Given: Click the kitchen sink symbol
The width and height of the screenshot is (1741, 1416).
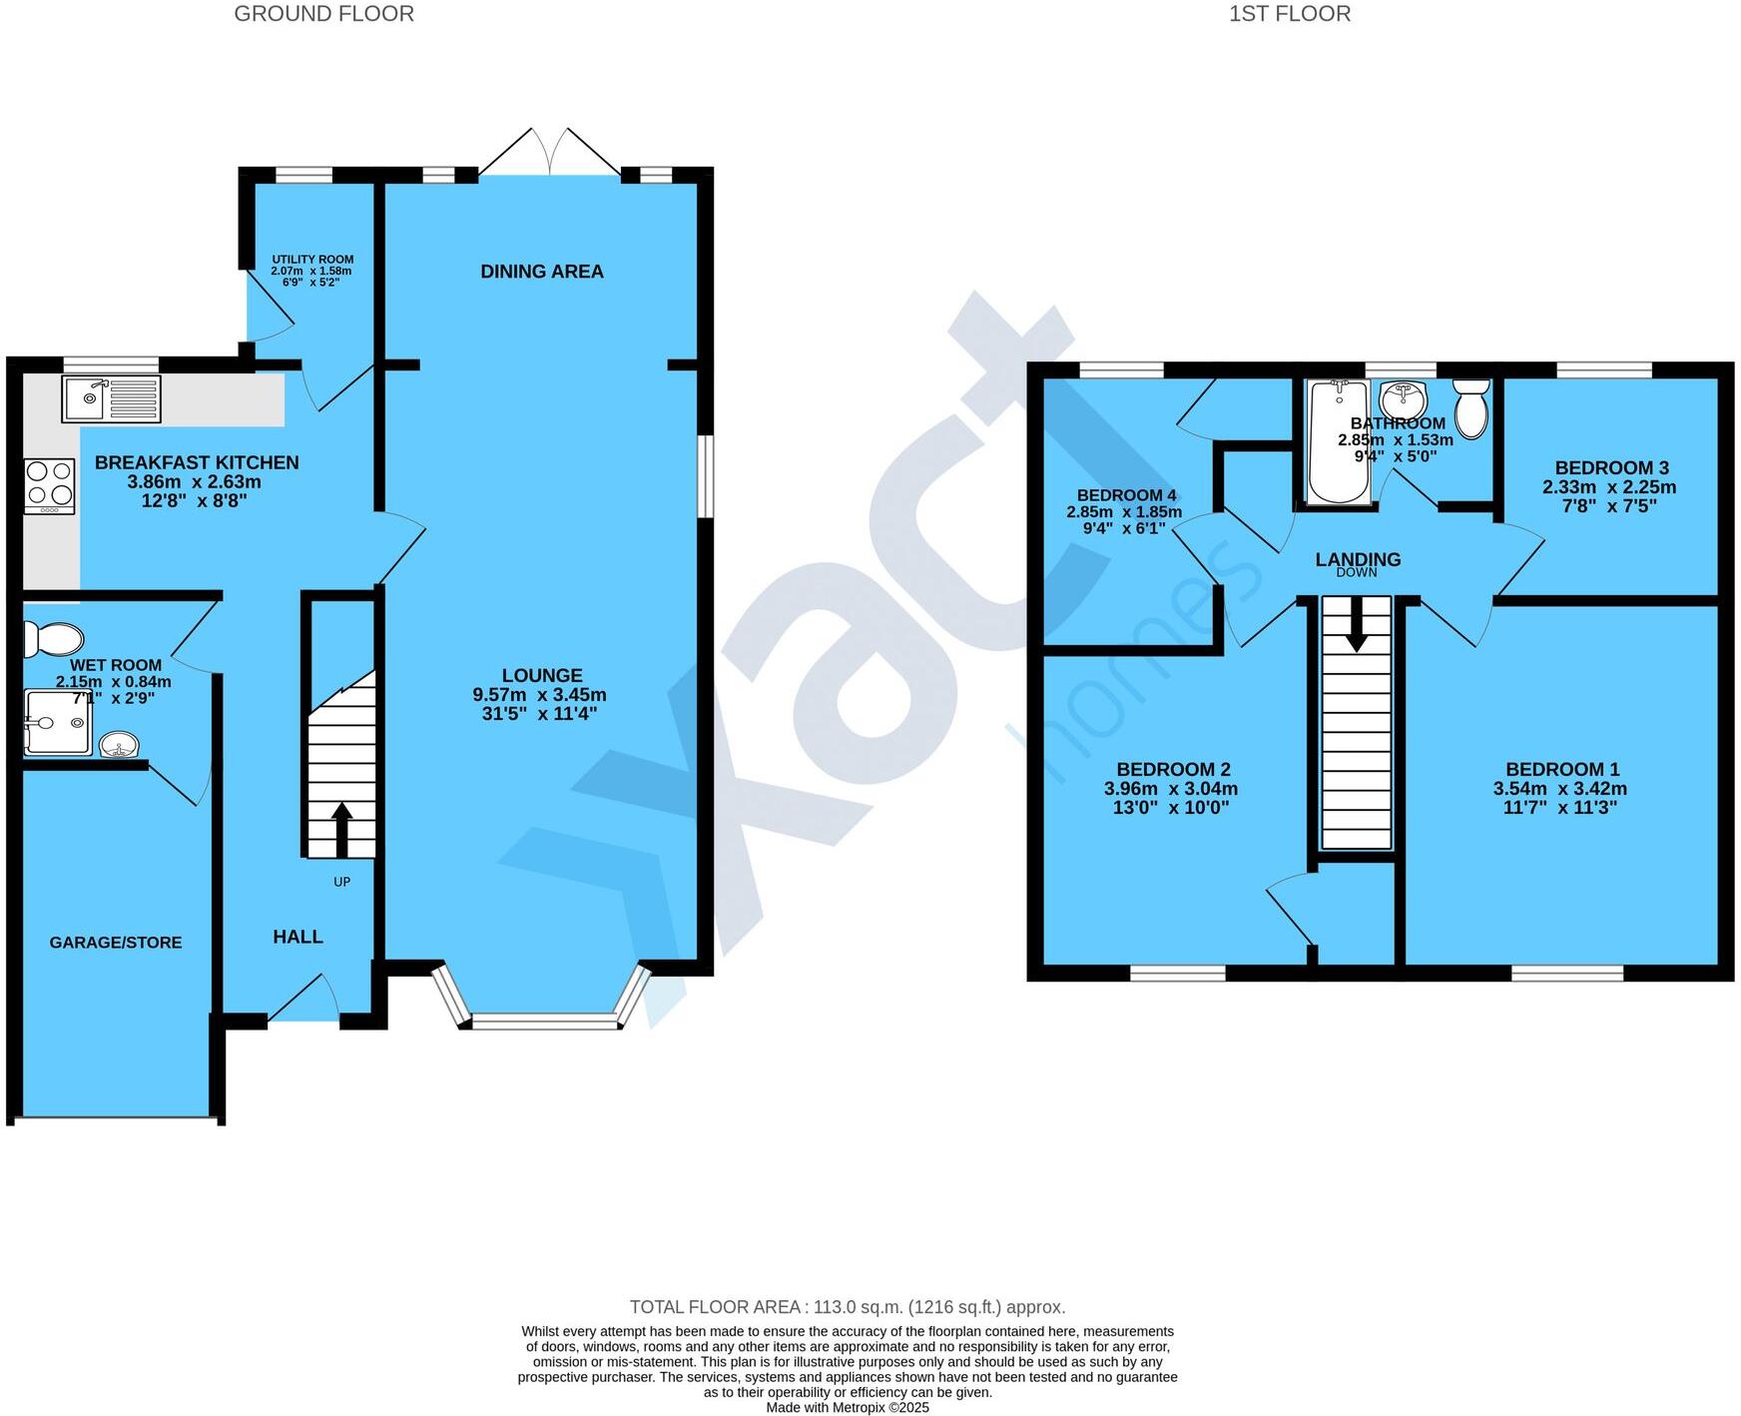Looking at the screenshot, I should click(x=111, y=399).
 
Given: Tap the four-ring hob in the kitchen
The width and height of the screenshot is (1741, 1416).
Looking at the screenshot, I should click(x=50, y=485).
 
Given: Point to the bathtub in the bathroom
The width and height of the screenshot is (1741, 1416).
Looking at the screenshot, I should click(x=1338, y=440).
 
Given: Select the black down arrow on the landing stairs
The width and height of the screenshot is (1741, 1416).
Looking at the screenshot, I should click(x=1356, y=626).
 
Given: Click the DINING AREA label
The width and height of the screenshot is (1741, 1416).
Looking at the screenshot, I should click(x=542, y=272).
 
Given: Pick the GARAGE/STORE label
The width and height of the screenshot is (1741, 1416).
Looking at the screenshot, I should click(x=116, y=943).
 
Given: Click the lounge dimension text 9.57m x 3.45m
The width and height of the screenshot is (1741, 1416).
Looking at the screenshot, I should click(x=539, y=695).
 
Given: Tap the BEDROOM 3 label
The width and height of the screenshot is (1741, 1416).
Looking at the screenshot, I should click(x=1611, y=468).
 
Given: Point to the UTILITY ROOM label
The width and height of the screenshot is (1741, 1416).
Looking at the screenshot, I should click(x=312, y=260).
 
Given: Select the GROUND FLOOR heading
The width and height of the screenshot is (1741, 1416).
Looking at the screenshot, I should click(x=323, y=14).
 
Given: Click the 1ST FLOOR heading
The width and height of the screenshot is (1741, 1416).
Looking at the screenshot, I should click(x=1289, y=14).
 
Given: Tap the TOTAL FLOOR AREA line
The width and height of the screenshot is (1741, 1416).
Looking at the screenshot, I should click(x=847, y=1307).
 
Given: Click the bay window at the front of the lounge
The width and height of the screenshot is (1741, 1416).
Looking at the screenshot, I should click(x=544, y=1021).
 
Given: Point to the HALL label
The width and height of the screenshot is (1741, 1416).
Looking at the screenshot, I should click(x=297, y=937).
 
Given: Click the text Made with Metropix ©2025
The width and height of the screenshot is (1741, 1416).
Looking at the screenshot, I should click(x=847, y=1408).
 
